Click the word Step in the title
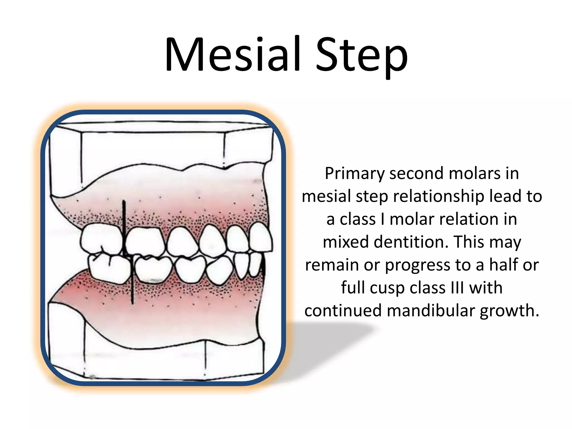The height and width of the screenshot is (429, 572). [361, 56]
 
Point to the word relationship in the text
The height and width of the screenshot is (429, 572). [438, 197]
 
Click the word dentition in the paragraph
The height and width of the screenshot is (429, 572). [411, 242]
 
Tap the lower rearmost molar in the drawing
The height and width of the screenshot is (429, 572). [109, 268]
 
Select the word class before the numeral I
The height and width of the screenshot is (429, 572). [357, 219]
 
